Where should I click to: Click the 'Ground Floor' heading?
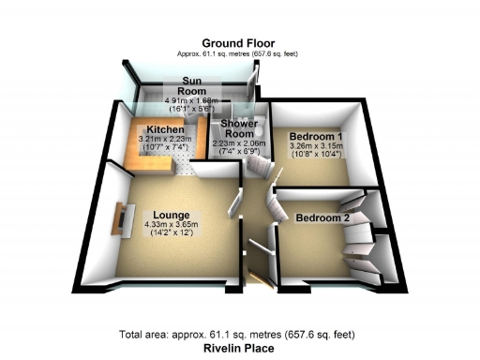pyautogui.click(x=238, y=43)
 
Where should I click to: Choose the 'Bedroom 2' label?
pyautogui.click(x=322, y=217)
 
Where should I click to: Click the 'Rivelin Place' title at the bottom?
pyautogui.click(x=241, y=347)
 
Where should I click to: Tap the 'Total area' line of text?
pyautogui.click(x=240, y=335)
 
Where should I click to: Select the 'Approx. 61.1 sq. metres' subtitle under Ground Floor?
pyautogui.click(x=238, y=54)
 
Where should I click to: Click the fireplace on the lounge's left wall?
pyautogui.click(x=121, y=220)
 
